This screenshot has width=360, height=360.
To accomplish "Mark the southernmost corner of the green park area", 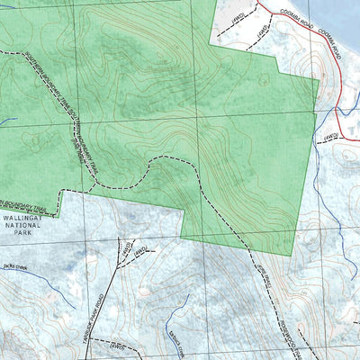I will pyautogui.click(x=294, y=256).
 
